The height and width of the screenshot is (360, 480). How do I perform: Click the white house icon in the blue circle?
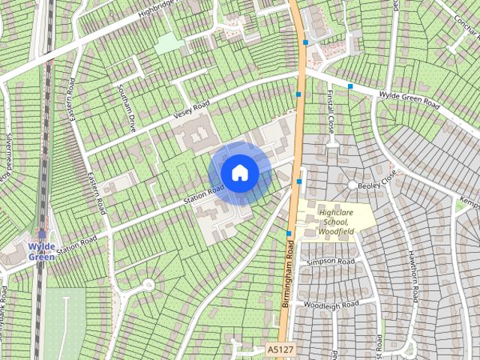click(239, 172)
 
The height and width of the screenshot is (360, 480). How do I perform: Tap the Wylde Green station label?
click(41, 251)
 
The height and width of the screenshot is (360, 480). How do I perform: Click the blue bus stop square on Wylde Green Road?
click(350, 86)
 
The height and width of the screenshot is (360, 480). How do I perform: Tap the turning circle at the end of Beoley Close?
click(352, 184)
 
